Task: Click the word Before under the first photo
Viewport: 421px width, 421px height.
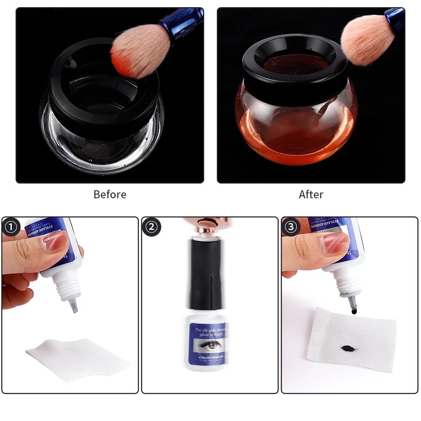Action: [109, 195]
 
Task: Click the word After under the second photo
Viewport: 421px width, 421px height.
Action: [311, 195]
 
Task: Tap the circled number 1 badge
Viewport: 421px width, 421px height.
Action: [11, 227]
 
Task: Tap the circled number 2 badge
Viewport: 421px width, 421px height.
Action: [151, 227]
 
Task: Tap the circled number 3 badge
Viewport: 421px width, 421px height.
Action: [291, 227]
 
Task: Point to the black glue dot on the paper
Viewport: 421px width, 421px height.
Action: [348, 349]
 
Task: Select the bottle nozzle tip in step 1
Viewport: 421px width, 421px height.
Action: [74, 306]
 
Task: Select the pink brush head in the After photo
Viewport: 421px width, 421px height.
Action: [366, 40]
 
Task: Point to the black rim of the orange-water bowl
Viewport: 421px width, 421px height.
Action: [295, 84]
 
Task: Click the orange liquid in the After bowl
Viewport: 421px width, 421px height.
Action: [295, 135]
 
